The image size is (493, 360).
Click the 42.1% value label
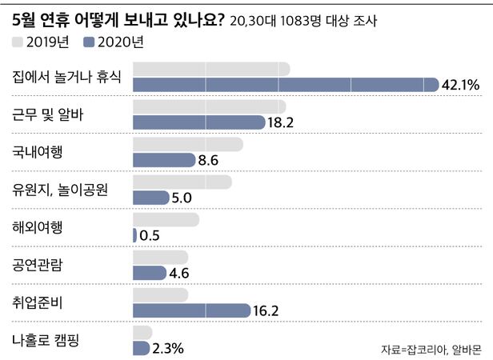(x=463, y=84)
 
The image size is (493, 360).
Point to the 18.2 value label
(x=282, y=122)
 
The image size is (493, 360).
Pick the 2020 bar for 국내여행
(x=163, y=160)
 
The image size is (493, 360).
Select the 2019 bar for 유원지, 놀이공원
(x=182, y=182)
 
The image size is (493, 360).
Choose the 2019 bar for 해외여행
(x=165, y=220)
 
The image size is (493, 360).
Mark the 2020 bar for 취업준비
(x=191, y=310)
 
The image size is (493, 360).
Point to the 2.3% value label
(x=170, y=348)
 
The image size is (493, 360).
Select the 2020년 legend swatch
(x=89, y=42)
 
